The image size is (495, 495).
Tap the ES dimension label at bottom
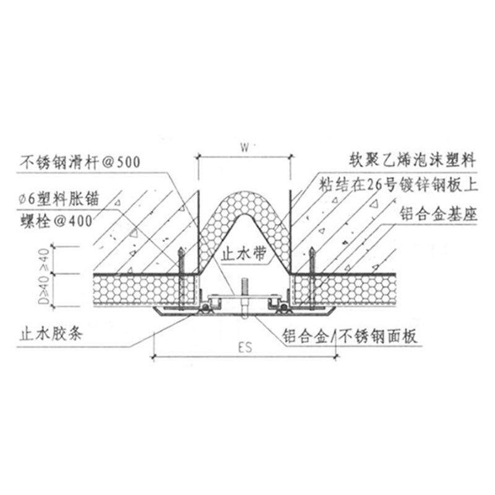coord(246,348)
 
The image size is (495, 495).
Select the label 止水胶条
coord(49,337)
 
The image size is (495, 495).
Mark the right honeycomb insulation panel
coord(359,288)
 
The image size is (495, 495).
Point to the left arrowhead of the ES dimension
coord(155,357)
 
